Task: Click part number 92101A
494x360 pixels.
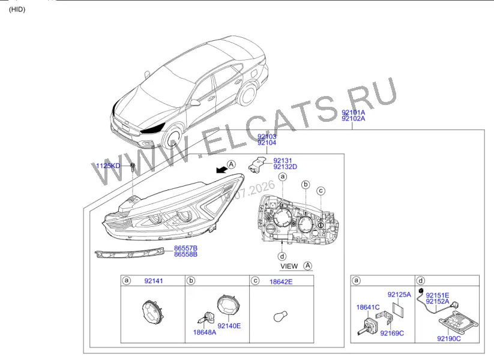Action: click(353, 112)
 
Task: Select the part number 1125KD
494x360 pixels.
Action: click(108, 166)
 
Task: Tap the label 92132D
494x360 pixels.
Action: click(285, 167)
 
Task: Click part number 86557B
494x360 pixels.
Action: click(186, 248)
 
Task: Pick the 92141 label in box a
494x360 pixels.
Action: click(154, 281)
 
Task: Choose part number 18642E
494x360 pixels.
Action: click(281, 282)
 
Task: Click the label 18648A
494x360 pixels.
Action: click(205, 332)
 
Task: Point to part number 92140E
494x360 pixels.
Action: click(229, 326)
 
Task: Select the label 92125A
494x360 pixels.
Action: click(399, 295)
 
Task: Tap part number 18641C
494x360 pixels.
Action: click(368, 307)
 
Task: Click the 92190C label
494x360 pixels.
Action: click(449, 338)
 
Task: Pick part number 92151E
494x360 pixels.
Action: click(438, 295)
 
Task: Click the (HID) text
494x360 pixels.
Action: click(17, 10)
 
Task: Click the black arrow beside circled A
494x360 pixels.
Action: click(222, 170)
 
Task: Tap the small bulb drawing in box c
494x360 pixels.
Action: click(280, 316)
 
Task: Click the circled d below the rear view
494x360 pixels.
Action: click(282, 256)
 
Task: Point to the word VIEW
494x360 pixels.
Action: click(289, 266)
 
